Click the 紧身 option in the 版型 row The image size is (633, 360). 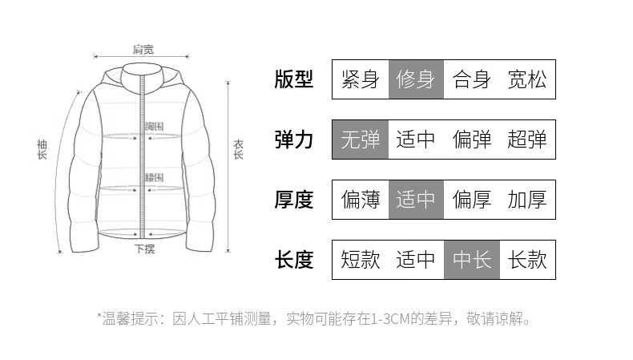coord(361,79)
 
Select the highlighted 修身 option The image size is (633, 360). coord(416,79)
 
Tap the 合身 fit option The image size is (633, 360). coord(471,79)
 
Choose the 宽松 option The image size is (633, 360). coord(527,79)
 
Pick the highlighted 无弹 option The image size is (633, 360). coord(361,140)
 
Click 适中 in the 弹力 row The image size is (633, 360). coord(416,140)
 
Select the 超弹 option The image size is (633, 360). coord(527,140)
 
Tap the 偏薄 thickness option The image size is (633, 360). coord(361,200)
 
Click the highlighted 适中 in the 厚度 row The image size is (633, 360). coord(416,200)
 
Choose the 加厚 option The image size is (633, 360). coord(527,200)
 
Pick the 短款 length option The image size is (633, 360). coord(361,260)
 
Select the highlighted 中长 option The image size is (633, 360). coord(472,260)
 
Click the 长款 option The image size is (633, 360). coord(527,260)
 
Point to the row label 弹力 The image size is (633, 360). coord(294,140)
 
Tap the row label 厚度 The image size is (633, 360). coord(294,200)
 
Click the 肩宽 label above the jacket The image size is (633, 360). coord(143,50)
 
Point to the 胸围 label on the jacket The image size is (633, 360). coord(154,127)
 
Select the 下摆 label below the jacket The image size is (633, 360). coord(145,249)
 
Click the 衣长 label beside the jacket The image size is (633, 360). coord(239,148)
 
